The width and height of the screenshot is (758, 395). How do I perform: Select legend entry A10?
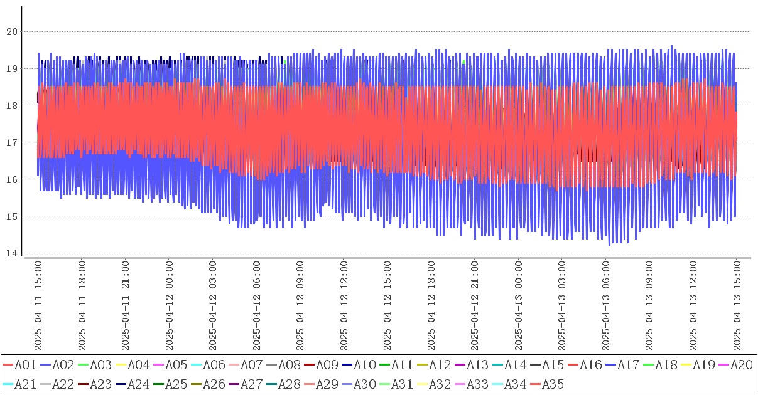(x=364, y=365)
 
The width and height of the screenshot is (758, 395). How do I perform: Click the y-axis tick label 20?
(x=13, y=31)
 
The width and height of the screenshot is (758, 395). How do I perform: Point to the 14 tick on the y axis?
(x=13, y=253)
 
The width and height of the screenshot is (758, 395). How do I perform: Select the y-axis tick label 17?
(x=13, y=142)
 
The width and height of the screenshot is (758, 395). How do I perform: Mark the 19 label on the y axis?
(x=13, y=68)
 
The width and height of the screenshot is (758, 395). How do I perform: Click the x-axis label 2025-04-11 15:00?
(x=38, y=307)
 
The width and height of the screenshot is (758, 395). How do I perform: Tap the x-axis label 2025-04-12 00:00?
(x=170, y=307)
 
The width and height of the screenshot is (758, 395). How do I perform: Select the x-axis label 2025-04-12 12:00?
(x=344, y=307)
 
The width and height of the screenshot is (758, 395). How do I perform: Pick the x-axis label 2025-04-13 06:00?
(x=606, y=307)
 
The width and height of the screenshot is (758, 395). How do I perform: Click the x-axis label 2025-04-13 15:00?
(x=737, y=307)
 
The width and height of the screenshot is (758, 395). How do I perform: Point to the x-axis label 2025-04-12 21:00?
(x=475, y=307)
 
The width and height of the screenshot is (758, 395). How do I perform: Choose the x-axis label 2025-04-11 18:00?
(x=82, y=307)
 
